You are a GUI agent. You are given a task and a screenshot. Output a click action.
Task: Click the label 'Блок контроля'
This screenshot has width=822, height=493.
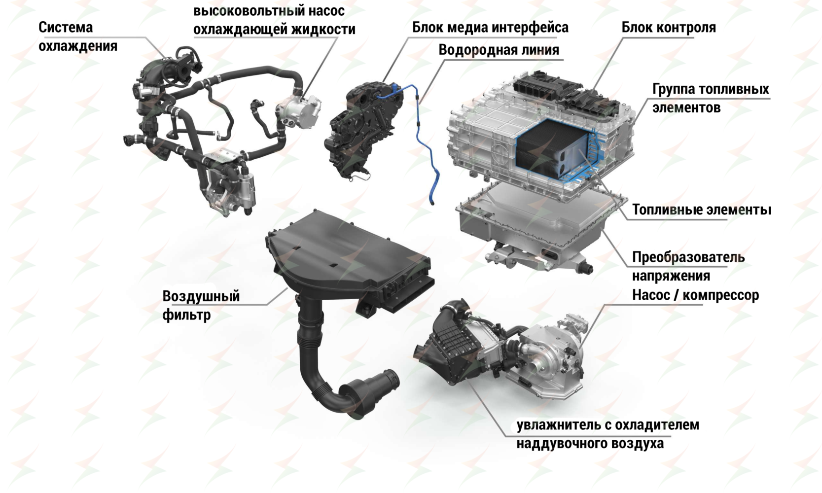tap(668, 28)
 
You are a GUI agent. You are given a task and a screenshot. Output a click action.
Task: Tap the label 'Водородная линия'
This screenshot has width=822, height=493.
tap(499, 50)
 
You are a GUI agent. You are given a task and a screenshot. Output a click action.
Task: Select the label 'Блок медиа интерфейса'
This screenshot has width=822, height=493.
tap(490, 28)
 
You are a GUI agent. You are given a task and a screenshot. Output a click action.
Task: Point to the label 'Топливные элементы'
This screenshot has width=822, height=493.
tap(701, 210)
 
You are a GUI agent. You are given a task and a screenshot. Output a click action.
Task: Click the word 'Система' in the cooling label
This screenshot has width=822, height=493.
tap(66, 28)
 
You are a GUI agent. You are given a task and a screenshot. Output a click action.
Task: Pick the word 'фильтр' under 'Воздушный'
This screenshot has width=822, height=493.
tap(186, 315)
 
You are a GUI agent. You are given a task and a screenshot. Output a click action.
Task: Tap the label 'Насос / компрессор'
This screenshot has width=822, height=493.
tap(695, 295)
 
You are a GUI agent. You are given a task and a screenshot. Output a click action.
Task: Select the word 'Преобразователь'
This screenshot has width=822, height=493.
tap(688, 257)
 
